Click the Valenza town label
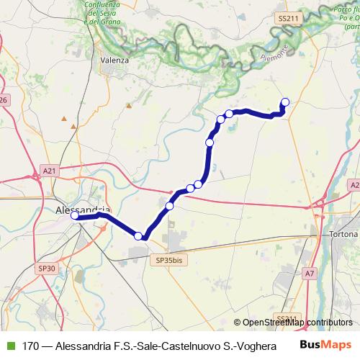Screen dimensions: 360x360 (x=115, y=60)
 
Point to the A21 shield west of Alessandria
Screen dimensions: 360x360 (x=49, y=171)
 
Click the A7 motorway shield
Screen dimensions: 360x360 (x=310, y=273)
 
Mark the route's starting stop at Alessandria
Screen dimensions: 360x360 (x=75, y=215)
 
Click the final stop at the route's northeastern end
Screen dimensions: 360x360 (x=285, y=102)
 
